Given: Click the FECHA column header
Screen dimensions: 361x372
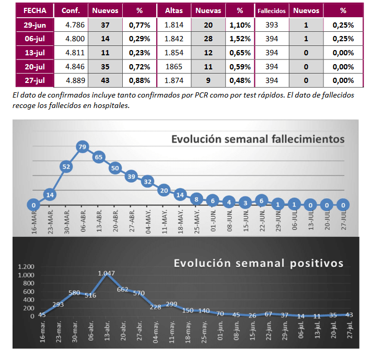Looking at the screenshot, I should [35, 10].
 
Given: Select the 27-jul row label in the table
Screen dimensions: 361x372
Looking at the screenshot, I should [35, 80].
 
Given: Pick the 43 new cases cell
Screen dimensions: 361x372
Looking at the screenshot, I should [105, 80].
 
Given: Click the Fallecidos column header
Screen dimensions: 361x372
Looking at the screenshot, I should [272, 10].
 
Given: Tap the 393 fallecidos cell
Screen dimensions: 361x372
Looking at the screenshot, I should [272, 25].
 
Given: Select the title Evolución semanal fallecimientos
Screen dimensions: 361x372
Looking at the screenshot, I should [258, 139].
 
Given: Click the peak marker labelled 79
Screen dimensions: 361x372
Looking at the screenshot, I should [82, 147].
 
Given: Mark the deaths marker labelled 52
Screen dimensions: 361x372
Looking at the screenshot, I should [66, 167].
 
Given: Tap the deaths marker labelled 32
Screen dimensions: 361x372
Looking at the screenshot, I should [148, 182].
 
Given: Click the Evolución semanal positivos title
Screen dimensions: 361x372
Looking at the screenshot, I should [259, 263].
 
